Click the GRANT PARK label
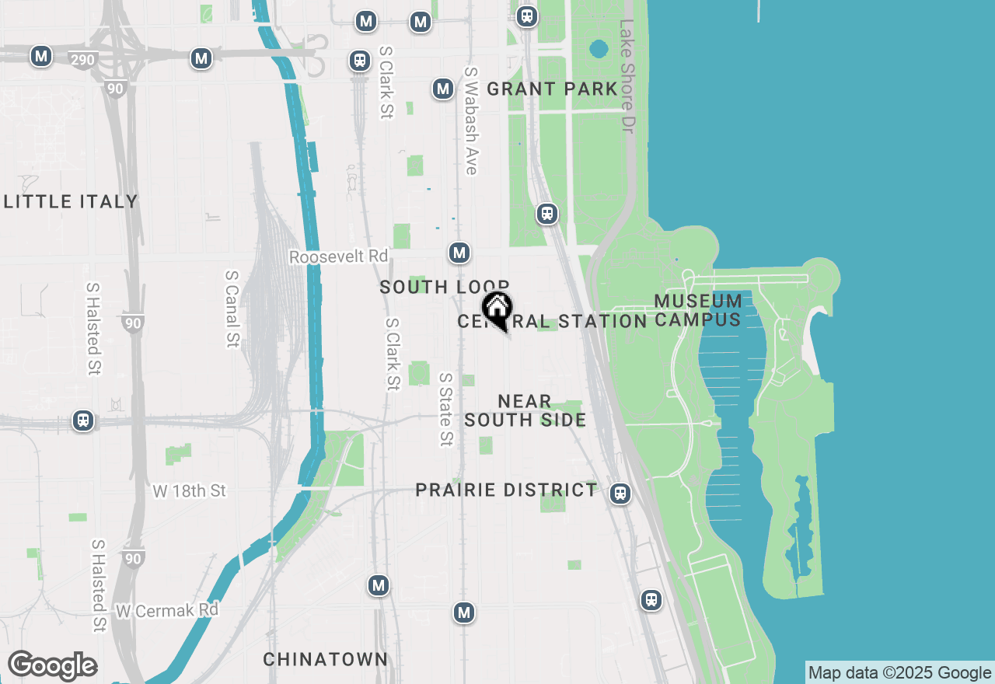click(552, 89)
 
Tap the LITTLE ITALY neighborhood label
click(71, 202)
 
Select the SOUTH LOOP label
click(444, 288)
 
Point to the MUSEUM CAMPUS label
click(698, 310)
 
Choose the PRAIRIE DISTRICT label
click(506, 490)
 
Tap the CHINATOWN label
click(325, 660)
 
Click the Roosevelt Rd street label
click(338, 256)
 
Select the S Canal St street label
click(232, 309)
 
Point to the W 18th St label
click(189, 491)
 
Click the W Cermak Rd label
click(167, 611)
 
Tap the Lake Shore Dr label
click(627, 75)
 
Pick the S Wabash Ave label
click(470, 120)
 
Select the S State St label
click(445, 409)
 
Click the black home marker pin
click(497, 309)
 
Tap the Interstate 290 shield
click(82, 60)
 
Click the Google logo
click(52, 666)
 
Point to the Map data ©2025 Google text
click(899, 673)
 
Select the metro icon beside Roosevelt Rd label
click(459, 253)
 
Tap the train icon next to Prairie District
click(620, 493)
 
